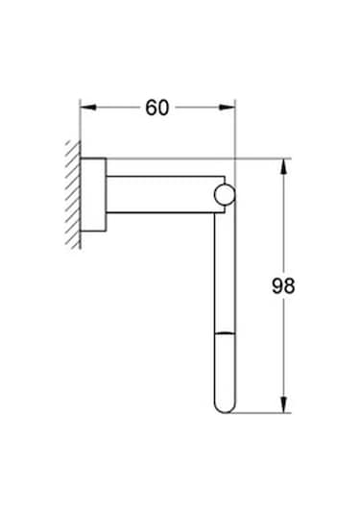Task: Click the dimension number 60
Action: coord(157,108)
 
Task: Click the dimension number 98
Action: coord(282,285)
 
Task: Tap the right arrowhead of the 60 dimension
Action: coord(229,108)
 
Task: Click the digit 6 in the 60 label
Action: coord(151,108)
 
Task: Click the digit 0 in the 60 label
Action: coord(164,108)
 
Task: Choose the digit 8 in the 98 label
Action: coord(289,285)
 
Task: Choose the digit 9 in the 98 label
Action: coord(276,285)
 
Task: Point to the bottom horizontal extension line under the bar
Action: coord(259,414)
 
